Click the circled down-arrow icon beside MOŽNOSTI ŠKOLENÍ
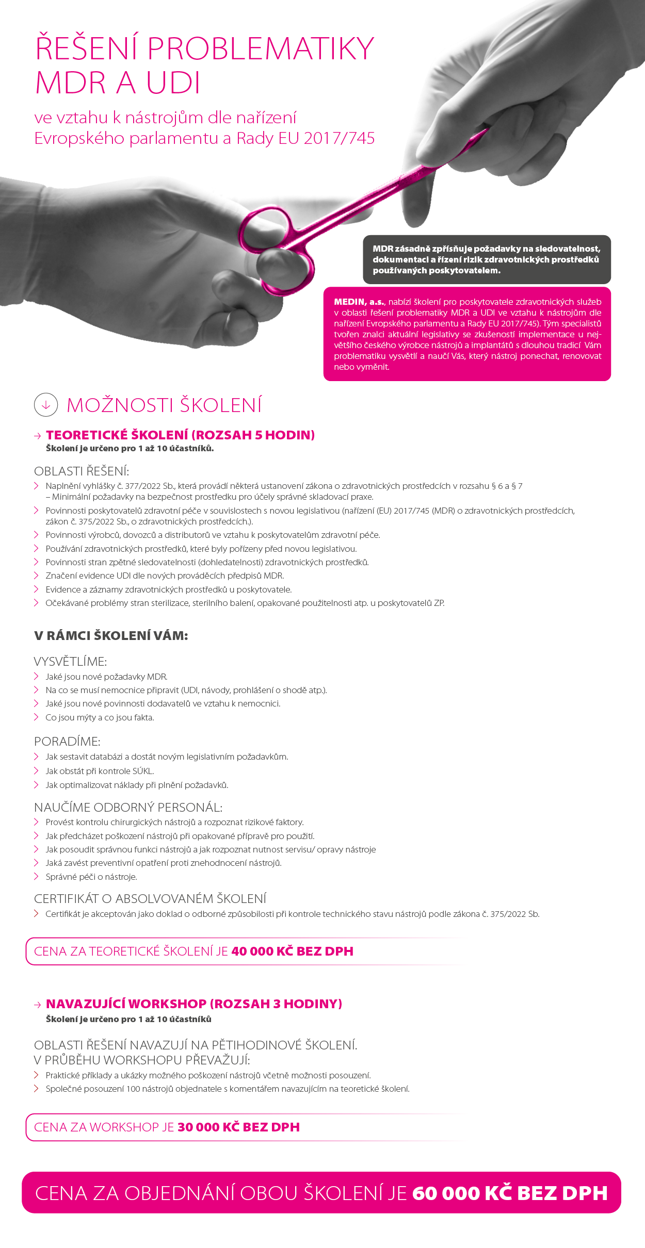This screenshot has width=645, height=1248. coord(46,405)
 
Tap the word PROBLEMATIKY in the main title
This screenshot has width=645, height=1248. coord(261,49)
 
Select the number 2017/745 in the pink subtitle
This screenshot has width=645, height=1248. coord(339,138)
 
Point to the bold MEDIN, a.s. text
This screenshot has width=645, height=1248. coord(359,302)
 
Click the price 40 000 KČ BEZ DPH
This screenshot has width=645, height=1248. coord(292,951)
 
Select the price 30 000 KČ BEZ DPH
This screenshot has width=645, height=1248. coord(238,1127)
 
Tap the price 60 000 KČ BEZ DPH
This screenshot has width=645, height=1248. coord(510,1193)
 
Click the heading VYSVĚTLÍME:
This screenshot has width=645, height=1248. coord(70,661)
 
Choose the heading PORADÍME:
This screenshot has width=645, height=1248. coord(67,741)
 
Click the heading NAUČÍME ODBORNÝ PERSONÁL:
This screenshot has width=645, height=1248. coord(128,807)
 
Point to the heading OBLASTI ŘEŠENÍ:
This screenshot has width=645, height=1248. coord(82,471)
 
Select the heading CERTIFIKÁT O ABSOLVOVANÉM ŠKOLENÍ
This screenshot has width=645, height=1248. coord(150,898)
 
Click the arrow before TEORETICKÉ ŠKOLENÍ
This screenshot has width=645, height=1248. coord(38,436)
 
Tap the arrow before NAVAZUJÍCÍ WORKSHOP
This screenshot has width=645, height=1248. coord(38,1005)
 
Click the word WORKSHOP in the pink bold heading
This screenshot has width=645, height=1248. coord(167,1004)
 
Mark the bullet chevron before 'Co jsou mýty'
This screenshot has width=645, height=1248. coord(37,717)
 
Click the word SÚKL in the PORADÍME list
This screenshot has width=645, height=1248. coord(142,771)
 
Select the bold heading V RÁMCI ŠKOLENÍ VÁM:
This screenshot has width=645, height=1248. coord(111,635)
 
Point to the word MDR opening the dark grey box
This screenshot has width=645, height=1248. coord(382,249)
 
